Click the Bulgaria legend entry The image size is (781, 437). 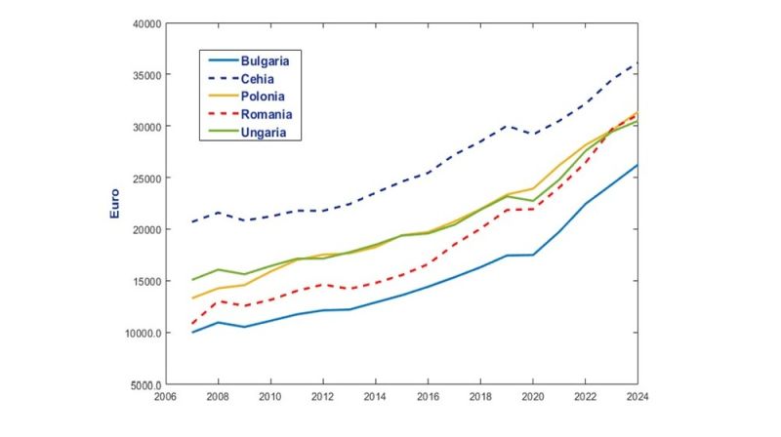[x=265, y=60]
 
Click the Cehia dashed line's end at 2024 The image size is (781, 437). [x=637, y=64]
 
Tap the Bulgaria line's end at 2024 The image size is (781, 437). [x=637, y=165]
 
